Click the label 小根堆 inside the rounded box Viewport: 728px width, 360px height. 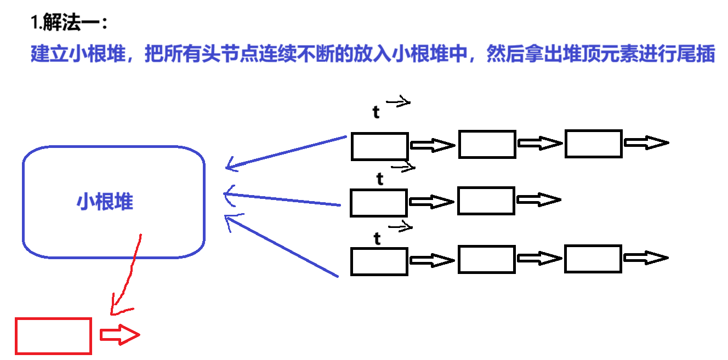tap(105, 202)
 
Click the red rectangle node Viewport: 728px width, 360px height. tap(53, 335)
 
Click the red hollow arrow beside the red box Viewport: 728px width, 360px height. tap(120, 335)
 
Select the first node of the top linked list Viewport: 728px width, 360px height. tap(379, 146)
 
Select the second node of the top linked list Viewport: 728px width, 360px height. tap(487, 144)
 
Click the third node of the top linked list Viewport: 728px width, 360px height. tap(594, 144)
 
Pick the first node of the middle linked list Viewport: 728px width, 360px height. tap(379, 203)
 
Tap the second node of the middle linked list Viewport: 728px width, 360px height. tap(486, 201)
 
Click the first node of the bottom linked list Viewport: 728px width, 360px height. tap(379, 261)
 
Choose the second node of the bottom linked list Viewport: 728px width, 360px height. tap(487, 259)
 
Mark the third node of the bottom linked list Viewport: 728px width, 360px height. tap(593, 259)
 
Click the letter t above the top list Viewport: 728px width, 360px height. tap(376, 112)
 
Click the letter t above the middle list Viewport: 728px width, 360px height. tap(380, 179)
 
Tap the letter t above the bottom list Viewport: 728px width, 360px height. tap(377, 238)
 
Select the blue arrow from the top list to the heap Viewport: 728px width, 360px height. tap(285, 152)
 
